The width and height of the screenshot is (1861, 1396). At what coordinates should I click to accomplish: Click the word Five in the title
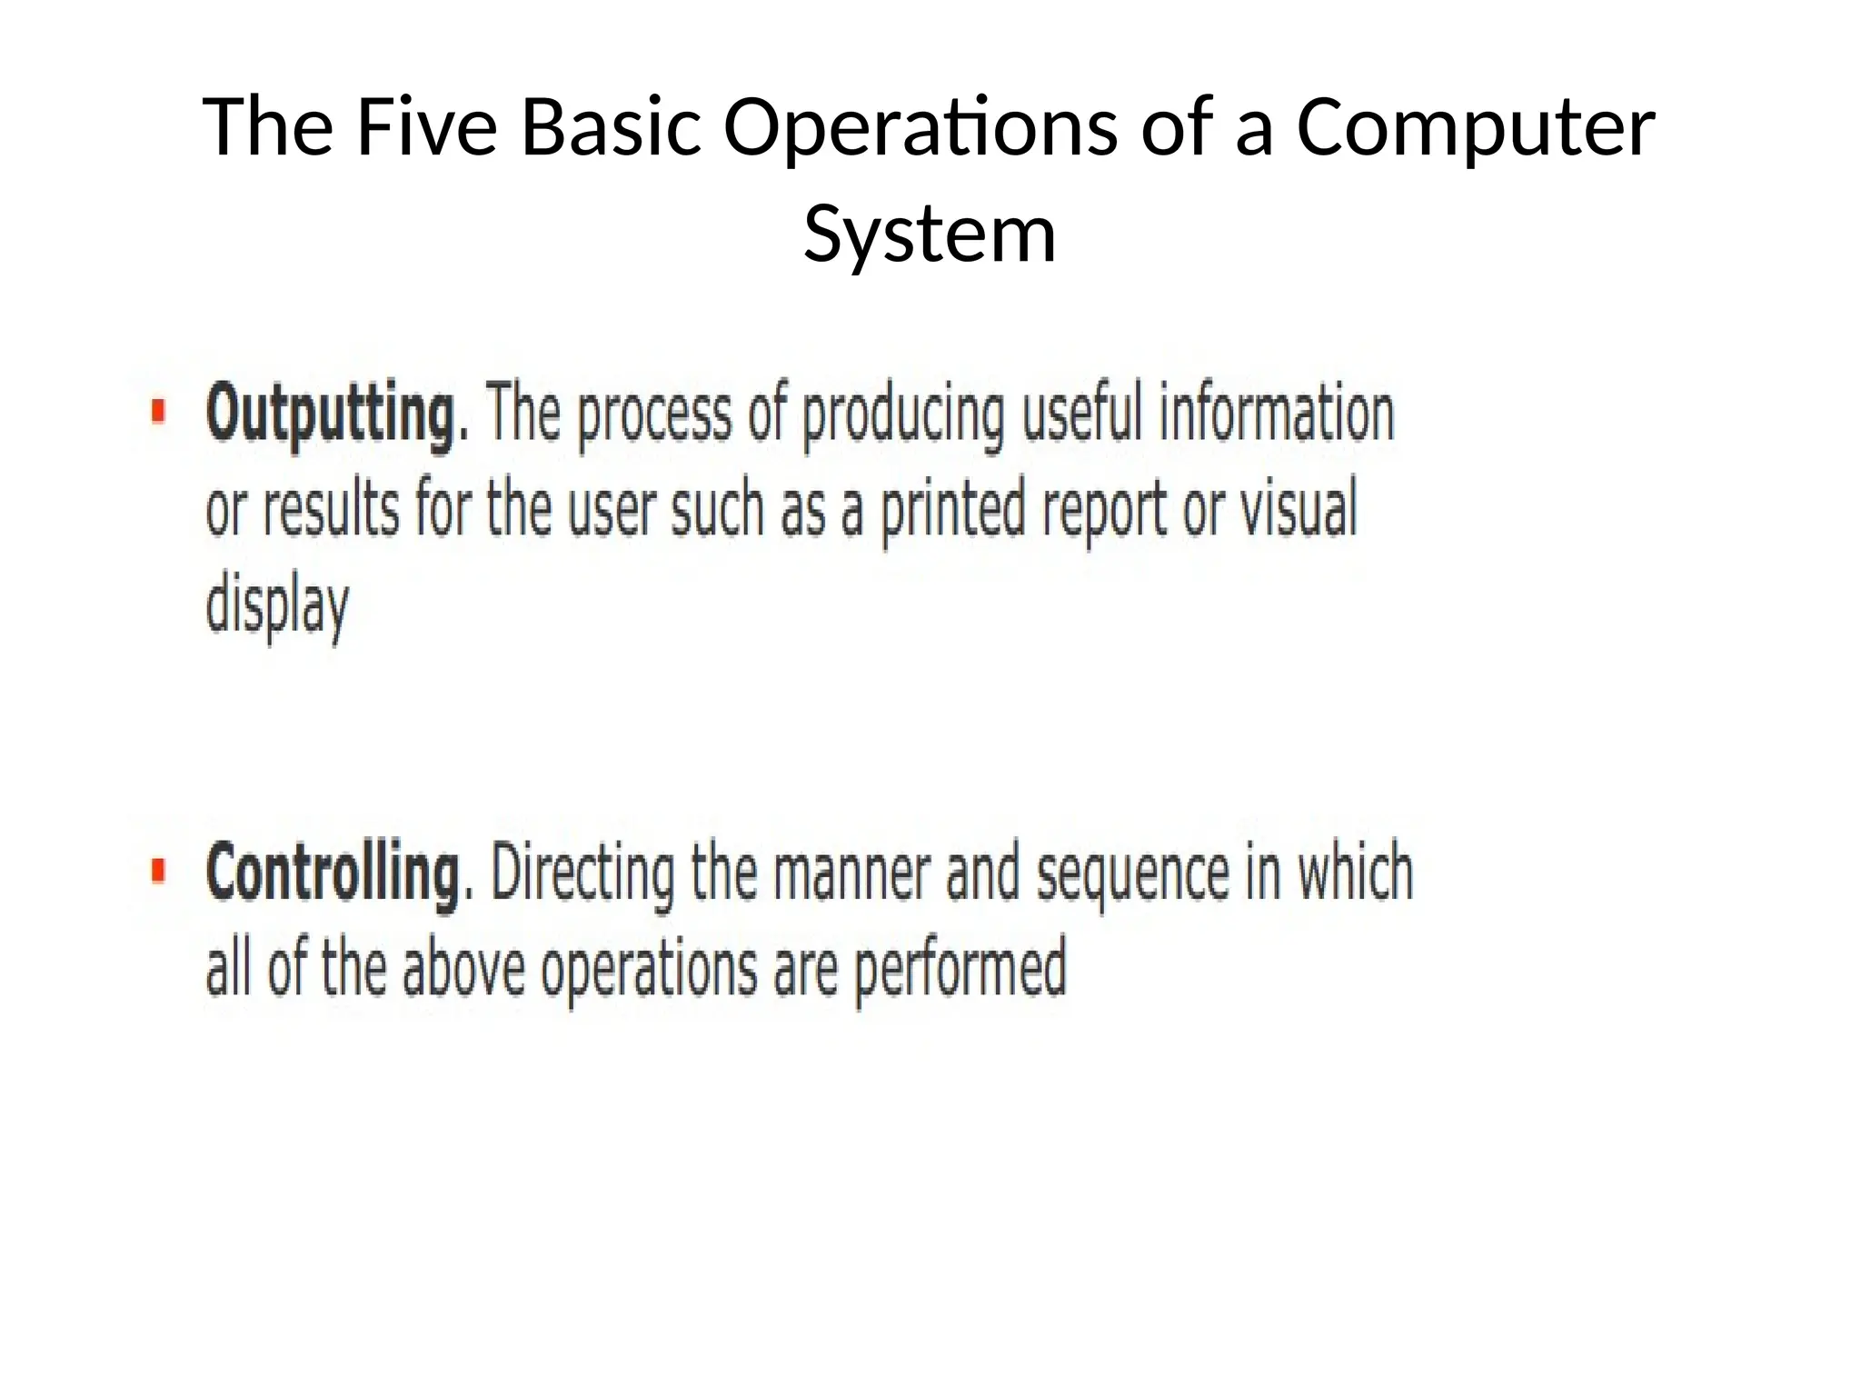[426, 127]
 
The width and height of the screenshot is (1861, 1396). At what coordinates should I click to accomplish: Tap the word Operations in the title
[921, 129]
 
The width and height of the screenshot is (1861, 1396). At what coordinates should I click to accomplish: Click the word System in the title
[930, 234]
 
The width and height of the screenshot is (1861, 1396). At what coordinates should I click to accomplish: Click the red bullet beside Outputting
[159, 412]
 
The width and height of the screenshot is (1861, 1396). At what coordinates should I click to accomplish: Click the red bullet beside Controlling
[159, 870]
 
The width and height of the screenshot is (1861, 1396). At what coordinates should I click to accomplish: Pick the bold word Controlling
[333, 872]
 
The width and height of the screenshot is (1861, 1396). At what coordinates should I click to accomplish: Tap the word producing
[903, 416]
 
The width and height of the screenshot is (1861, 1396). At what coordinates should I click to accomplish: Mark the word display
[277, 607]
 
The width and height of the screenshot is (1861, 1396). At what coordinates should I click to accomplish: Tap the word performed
[960, 970]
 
